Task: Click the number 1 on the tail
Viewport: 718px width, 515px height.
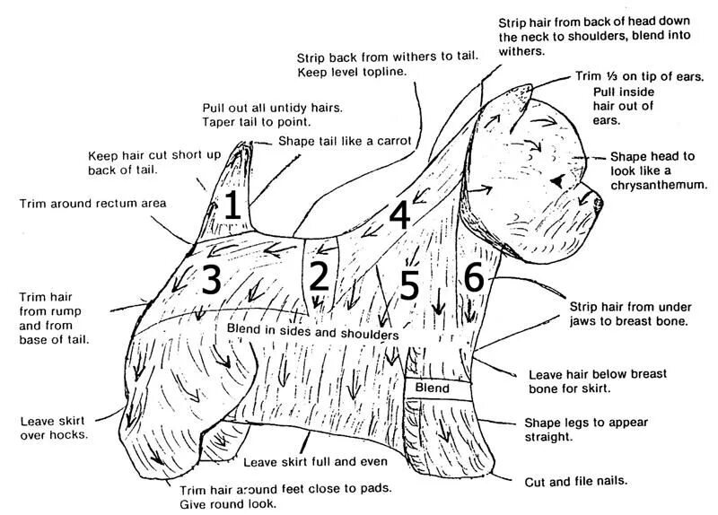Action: [x=232, y=205]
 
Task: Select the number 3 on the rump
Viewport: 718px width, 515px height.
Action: [x=210, y=281]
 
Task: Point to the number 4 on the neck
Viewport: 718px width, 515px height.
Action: [x=398, y=215]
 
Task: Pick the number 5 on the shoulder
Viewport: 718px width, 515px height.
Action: [x=409, y=285]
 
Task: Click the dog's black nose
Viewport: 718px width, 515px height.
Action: [x=599, y=202]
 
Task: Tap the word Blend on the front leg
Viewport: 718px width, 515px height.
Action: [x=432, y=388]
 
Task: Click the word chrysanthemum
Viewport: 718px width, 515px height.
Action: [x=659, y=185]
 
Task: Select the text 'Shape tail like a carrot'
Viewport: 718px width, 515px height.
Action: [x=344, y=141]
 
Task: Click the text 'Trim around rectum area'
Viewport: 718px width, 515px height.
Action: [x=92, y=204]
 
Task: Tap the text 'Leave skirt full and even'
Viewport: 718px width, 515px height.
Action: [x=314, y=462]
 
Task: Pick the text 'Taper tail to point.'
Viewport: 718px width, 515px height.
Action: [x=256, y=121]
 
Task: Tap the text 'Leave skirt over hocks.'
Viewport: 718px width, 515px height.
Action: [x=54, y=427]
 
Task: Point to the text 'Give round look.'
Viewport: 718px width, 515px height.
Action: [x=227, y=504]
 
